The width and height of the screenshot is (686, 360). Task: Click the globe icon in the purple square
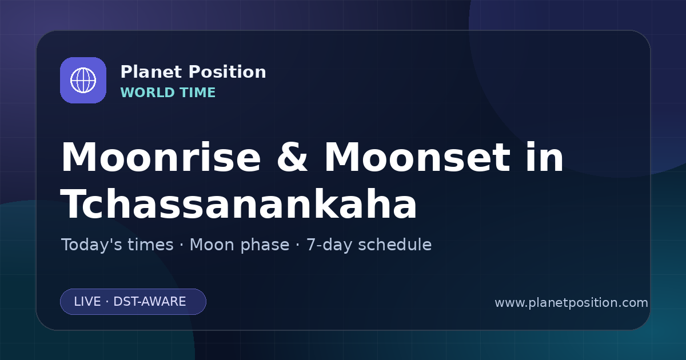[83, 80]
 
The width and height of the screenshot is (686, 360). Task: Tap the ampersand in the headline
[292, 157]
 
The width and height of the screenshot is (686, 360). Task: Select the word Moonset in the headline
[417, 157]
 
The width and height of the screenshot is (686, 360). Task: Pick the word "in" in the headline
[545, 157]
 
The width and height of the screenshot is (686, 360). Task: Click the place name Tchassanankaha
[239, 204]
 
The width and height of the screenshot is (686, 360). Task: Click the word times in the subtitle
[150, 245]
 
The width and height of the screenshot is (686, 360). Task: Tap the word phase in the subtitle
[265, 246]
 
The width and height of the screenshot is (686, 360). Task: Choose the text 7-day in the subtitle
[329, 246]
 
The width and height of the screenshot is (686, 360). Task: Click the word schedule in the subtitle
[395, 245]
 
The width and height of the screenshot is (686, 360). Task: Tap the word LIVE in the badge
[87, 302]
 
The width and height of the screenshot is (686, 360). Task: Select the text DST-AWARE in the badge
[149, 302]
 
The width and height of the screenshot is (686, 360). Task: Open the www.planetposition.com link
[572, 303]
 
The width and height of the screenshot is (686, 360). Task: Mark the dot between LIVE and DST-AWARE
[107, 302]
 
